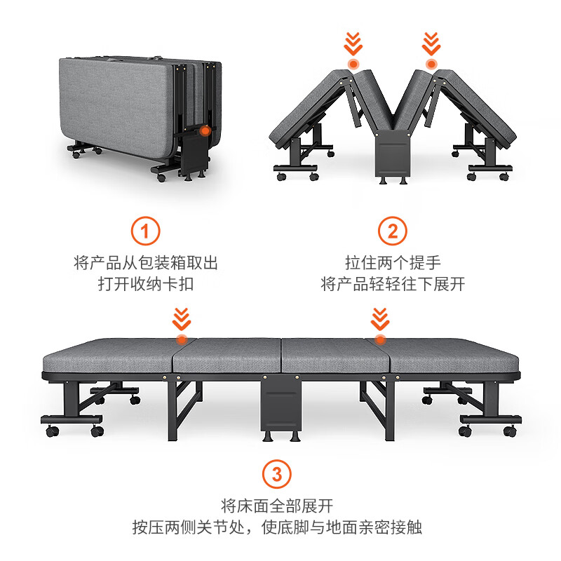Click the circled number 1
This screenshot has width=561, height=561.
145,231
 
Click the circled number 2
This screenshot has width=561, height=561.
393,231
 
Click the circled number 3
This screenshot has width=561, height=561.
277,475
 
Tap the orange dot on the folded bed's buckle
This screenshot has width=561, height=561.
205,131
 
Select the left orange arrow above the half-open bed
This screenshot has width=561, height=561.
353,43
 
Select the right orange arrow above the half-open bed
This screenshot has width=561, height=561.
431,43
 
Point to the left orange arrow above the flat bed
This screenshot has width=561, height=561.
182,319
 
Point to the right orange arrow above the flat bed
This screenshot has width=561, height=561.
380,319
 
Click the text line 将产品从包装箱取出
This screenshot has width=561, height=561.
146,262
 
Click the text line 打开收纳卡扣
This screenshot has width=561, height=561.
146,284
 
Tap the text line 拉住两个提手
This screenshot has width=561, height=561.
393,262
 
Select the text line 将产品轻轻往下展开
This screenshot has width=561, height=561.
393,284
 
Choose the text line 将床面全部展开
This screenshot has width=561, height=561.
277,506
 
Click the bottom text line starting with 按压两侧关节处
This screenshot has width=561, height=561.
277,527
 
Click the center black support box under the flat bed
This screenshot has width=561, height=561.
281,405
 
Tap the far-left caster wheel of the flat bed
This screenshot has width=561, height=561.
52,431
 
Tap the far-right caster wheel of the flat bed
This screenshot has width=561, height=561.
510,431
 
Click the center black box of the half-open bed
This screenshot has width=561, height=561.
393,153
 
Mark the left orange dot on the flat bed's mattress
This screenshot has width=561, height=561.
182,339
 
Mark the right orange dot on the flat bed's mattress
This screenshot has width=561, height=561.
380,339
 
